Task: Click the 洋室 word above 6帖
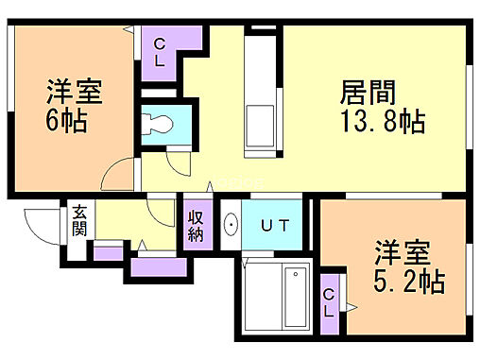coord(73,94)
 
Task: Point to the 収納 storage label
coord(196,226)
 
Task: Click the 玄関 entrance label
coord(78,222)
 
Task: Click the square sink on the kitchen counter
coord(259,124)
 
